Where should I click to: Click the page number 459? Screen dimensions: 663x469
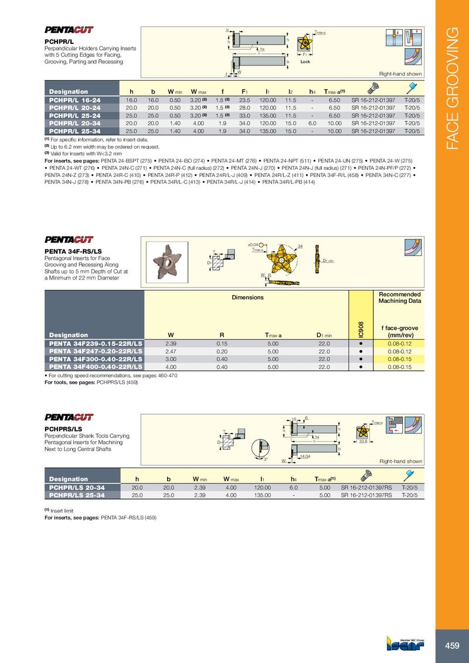pos(452,645)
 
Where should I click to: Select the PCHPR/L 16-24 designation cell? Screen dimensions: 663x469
pos(75,101)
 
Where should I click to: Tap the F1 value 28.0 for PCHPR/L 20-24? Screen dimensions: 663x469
pos(245,108)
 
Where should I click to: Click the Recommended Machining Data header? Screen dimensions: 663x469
pos(400,297)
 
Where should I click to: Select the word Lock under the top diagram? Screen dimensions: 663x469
pos(305,61)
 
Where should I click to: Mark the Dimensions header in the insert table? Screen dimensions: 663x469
pos(248,297)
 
